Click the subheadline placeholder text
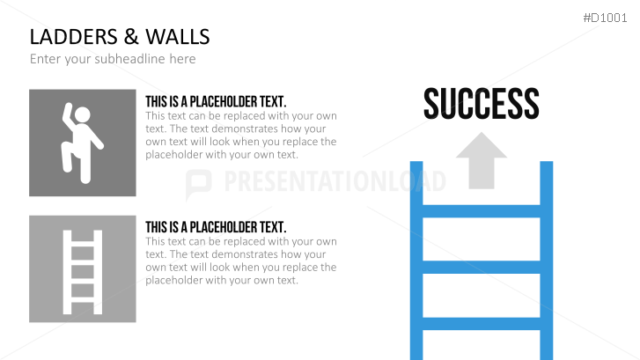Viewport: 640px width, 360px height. point(113,59)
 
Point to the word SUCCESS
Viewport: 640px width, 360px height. point(481,103)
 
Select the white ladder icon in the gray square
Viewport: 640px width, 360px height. point(82,268)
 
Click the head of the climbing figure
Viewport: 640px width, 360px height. point(83,114)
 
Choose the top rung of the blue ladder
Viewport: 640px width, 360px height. point(481,211)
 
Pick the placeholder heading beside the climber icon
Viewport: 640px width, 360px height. point(216,101)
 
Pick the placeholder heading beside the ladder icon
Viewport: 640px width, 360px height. point(216,227)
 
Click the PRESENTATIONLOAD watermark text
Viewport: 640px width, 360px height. point(335,181)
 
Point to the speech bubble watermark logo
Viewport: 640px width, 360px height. point(200,182)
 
